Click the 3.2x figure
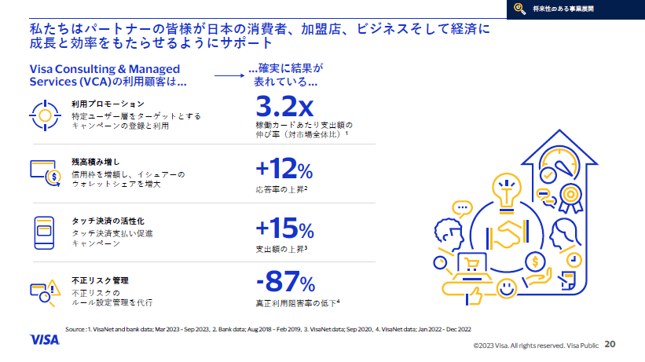(x=285, y=105)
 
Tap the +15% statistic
(x=284, y=229)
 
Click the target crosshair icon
(x=45, y=115)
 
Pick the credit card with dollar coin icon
(x=46, y=170)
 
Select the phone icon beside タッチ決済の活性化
(x=45, y=230)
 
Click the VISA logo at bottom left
(x=46, y=339)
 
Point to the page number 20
(x=610, y=344)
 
